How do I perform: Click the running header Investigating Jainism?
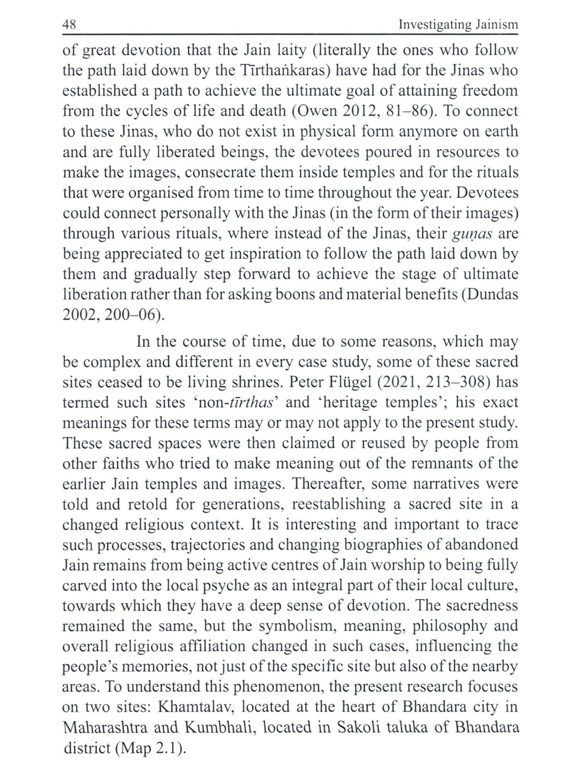pos(458,25)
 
